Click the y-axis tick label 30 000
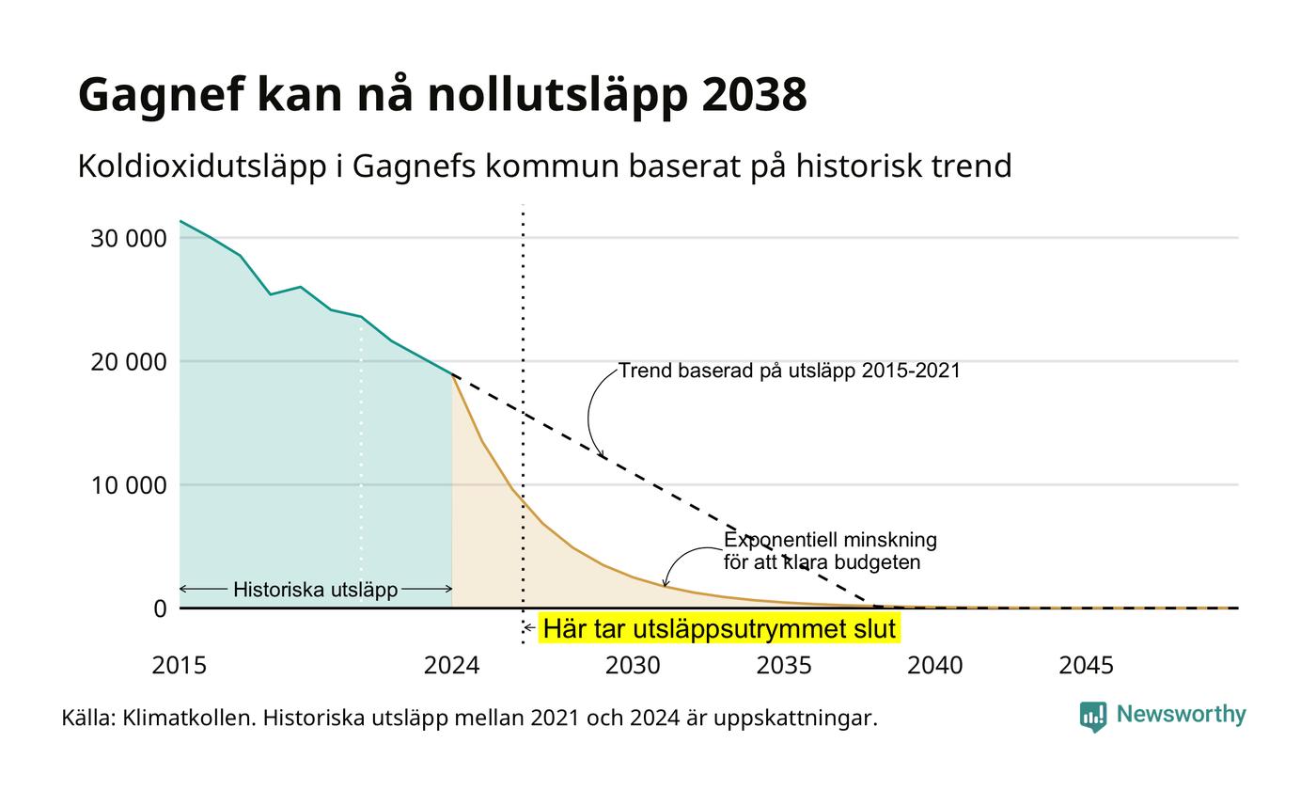[128, 239]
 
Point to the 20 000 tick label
[128, 362]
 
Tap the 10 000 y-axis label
[128, 485]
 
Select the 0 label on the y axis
[160, 609]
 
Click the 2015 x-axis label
[180, 666]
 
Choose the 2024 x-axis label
[452, 666]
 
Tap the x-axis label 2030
[633, 666]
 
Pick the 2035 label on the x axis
[784, 666]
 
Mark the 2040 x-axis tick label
[934, 666]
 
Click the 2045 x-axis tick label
[1087, 666]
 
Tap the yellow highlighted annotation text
[720, 629]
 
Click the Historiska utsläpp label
[316, 590]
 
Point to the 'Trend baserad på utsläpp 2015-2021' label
[789, 371]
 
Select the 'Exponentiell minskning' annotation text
[830, 540]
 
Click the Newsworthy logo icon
[1092, 717]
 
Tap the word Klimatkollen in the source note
[189, 719]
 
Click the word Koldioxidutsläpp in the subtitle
[202, 167]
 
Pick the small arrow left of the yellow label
[529, 628]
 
